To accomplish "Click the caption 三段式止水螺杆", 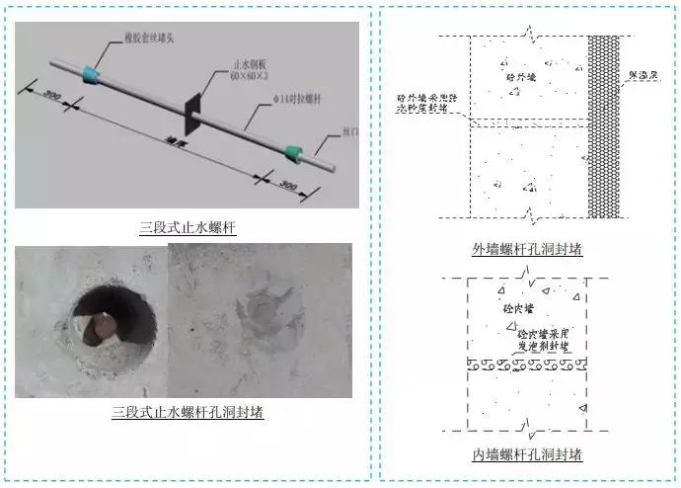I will coord(188,227).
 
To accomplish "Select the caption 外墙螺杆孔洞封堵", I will coord(527,248).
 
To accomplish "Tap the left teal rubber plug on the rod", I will coord(94,71).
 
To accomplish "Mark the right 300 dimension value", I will coord(287,185).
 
